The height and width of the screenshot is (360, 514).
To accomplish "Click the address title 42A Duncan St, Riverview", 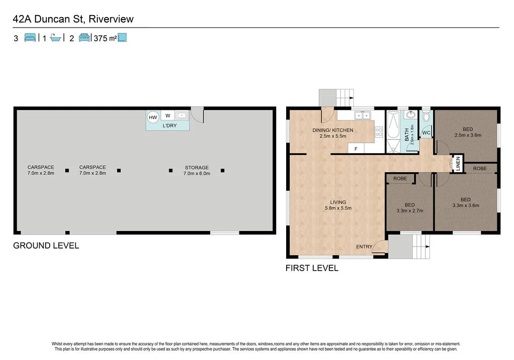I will pos(73,19).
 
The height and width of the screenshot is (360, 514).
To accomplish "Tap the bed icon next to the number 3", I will pos(30,38).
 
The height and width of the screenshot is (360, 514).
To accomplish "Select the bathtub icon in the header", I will pos(56,38).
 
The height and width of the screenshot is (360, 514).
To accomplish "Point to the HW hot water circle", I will pos(153,117).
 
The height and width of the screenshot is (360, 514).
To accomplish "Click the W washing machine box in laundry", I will pos(168,116).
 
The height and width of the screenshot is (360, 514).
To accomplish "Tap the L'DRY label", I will pos(169,126).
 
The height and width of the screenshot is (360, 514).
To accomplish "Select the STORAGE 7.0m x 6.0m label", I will pos(197,170).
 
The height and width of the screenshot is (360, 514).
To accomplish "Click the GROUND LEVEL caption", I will pos(46,246).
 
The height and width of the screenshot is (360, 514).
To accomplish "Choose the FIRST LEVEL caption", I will pos(312,268).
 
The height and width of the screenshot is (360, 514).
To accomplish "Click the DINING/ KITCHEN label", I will pos(333,133).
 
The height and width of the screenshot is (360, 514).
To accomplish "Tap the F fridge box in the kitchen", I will pos(356,149).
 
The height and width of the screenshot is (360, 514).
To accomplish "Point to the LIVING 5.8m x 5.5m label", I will pos(338,205).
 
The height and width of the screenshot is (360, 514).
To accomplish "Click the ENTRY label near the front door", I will pos(364,247).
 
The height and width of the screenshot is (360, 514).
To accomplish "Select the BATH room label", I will pos(407,135).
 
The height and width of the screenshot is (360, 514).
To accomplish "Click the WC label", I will pos(426,133).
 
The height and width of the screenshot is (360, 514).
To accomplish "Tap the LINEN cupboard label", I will pos(457,164).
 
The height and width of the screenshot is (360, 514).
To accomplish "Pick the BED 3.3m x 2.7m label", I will pos(410,207).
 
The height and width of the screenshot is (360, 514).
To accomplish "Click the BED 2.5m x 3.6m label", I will pos(467,132).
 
